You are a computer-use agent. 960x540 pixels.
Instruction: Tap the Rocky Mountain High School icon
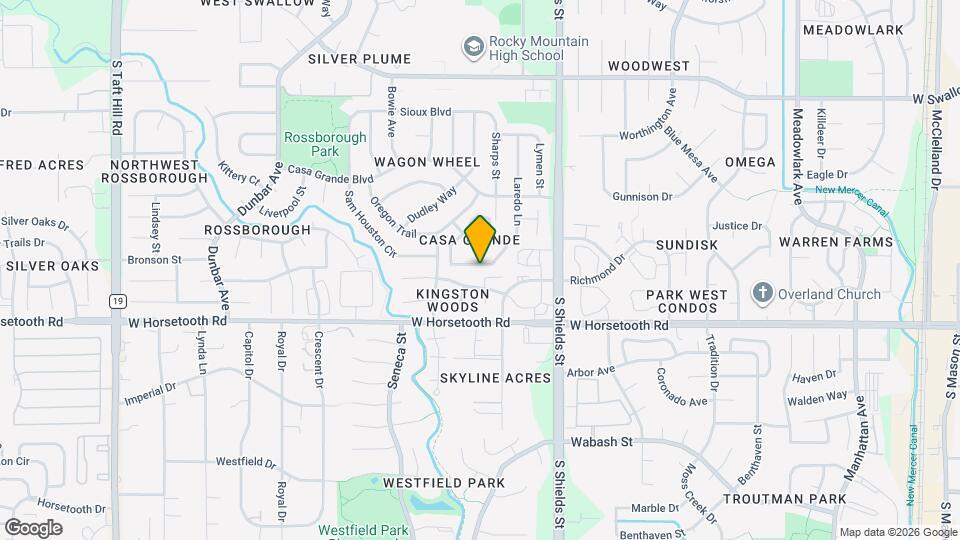(473, 47)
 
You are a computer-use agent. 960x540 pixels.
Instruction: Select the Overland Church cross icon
(763, 294)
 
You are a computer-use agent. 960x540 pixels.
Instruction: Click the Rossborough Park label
(312, 144)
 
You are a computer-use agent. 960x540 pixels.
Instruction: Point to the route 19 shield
(119, 300)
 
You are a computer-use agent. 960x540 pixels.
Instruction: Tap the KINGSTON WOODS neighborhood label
(453, 301)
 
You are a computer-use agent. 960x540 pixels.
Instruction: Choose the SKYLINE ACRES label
(495, 378)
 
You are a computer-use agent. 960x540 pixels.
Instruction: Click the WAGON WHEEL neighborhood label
(427, 162)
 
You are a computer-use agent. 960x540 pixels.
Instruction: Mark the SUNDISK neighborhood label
(686, 244)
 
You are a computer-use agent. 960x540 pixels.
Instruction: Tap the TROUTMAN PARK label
(785, 498)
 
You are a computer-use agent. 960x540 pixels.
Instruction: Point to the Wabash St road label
(602, 441)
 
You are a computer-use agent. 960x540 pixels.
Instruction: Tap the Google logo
(33, 528)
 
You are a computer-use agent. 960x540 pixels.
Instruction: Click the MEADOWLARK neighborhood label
(853, 30)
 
